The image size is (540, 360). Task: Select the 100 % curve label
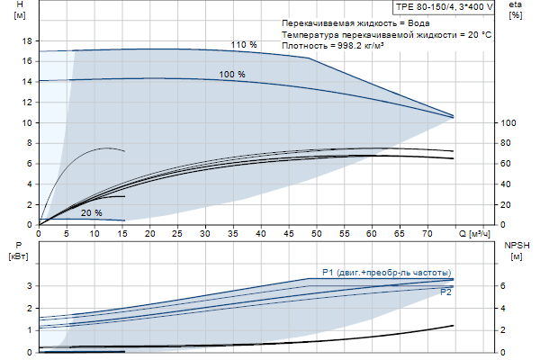232,74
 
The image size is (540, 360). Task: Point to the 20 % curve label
92,213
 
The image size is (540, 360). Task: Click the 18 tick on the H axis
27,41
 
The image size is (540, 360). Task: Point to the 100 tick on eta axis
508,123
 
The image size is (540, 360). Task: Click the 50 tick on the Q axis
316,232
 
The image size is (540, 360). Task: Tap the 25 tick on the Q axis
177,232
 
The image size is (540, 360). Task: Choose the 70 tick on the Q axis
427,232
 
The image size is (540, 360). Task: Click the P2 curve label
445,292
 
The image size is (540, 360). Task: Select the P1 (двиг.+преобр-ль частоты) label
386,273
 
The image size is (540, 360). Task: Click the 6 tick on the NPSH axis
503,286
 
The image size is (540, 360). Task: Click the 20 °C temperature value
479,33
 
